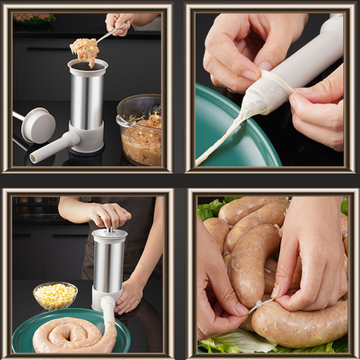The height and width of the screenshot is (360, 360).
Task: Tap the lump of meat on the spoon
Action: click(85, 50)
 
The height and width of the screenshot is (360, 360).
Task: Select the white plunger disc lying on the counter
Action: click(38, 125)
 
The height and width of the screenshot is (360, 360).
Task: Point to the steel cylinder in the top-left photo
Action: click(87, 99)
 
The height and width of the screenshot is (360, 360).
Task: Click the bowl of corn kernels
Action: click(55, 295)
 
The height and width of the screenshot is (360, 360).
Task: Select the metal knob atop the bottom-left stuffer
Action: click(110, 229)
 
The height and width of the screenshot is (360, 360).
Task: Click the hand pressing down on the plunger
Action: click(108, 215)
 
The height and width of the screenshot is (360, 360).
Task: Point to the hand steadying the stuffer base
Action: click(131, 295)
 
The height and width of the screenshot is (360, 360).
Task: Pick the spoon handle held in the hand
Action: click(111, 34)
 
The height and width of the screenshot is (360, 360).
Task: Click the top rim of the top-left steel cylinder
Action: click(88, 64)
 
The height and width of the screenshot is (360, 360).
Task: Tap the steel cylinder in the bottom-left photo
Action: click(109, 264)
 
